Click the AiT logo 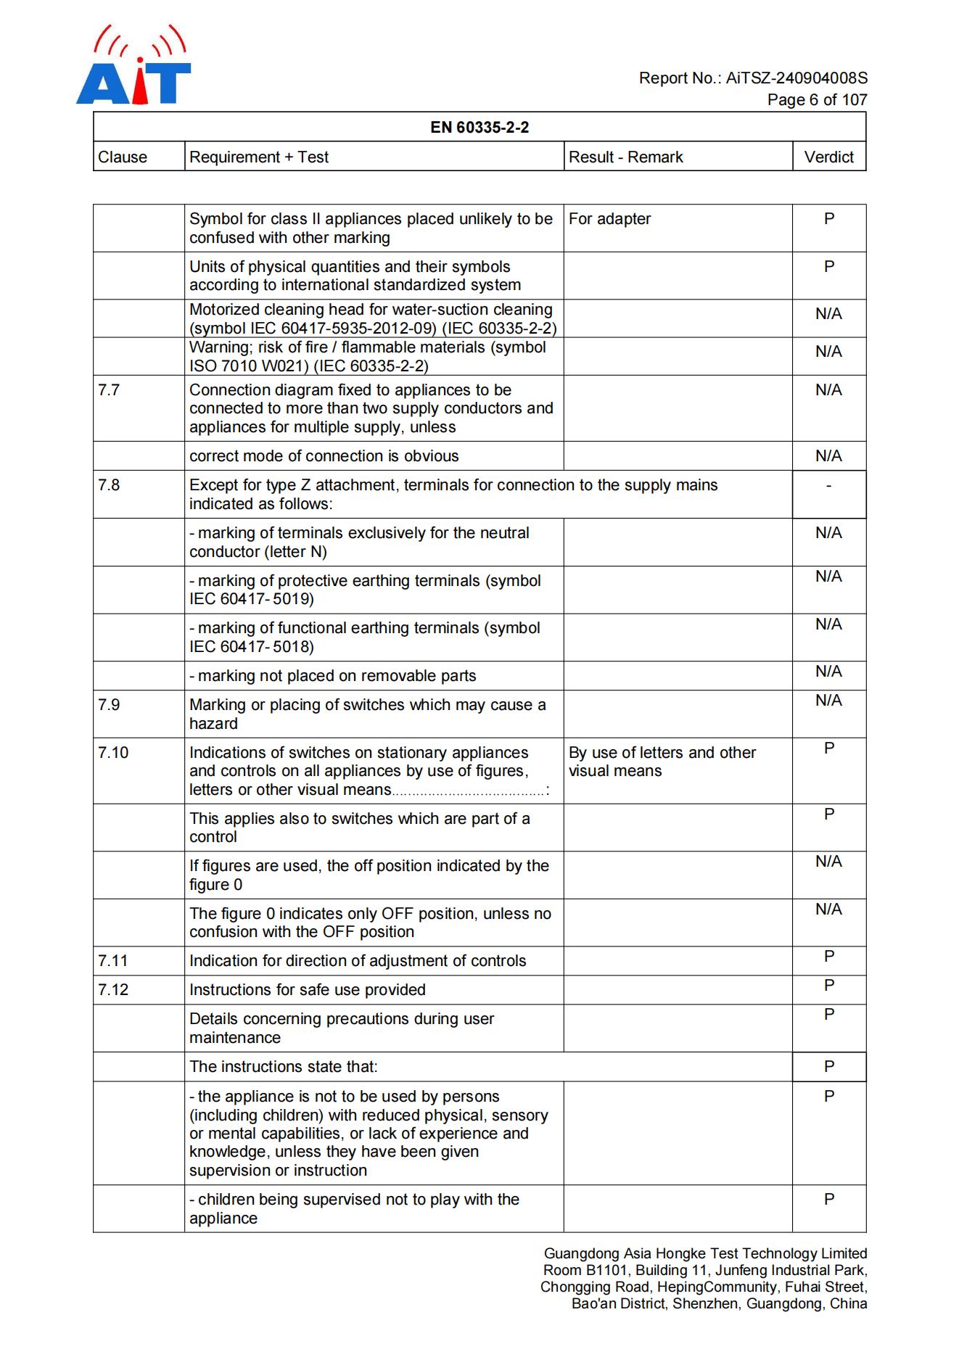pyautogui.click(x=133, y=66)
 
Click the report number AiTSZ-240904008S pyautogui.click(x=797, y=78)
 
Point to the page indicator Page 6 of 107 pyautogui.click(x=817, y=99)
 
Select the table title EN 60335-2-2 pyautogui.click(x=479, y=128)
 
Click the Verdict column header pyautogui.click(x=828, y=157)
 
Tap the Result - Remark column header pyautogui.click(x=625, y=157)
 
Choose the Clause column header pyautogui.click(x=123, y=157)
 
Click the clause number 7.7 pyautogui.click(x=109, y=390)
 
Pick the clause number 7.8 pyautogui.click(x=109, y=485)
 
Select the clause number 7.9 pyautogui.click(x=109, y=705)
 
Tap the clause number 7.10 pyautogui.click(x=113, y=753)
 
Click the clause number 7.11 pyautogui.click(x=113, y=961)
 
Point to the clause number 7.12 pyautogui.click(x=113, y=990)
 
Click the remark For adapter pyautogui.click(x=609, y=219)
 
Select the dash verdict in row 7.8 pyautogui.click(x=828, y=485)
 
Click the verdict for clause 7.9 pyautogui.click(x=828, y=701)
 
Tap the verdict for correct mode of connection pyautogui.click(x=828, y=456)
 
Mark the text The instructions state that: pyautogui.click(x=284, y=1067)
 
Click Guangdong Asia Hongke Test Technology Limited pyautogui.click(x=705, y=1253)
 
